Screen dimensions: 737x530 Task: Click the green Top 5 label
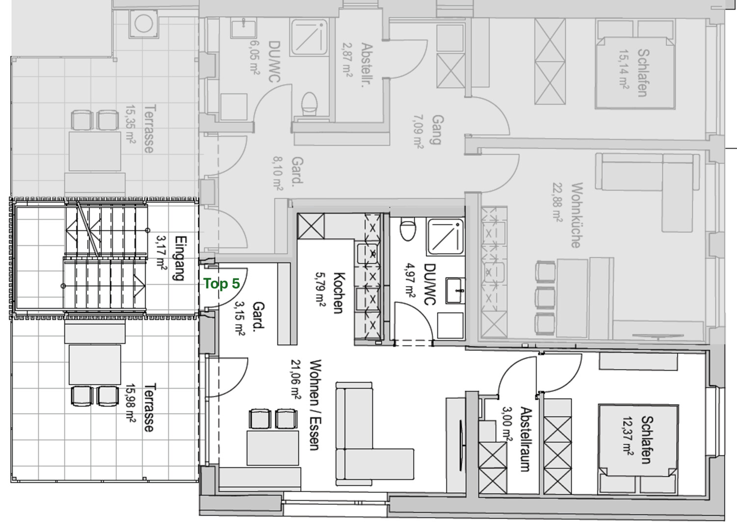tap(222, 284)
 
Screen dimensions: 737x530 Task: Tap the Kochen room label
tap(339, 293)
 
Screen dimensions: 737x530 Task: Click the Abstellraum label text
tap(526, 439)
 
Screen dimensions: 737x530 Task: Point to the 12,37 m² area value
tap(628, 436)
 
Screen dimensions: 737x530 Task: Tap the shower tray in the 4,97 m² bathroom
tap(445, 237)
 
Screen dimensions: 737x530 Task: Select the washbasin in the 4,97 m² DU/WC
tap(455, 291)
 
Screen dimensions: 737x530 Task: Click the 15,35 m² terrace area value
tap(131, 125)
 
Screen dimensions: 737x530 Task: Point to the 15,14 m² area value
tap(624, 69)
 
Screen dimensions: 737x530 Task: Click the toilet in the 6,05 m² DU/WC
tap(309, 104)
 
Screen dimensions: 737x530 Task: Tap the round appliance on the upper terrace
tap(144, 24)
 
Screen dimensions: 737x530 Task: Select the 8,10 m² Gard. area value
tap(277, 173)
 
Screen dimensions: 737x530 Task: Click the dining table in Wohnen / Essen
tap(273, 448)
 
